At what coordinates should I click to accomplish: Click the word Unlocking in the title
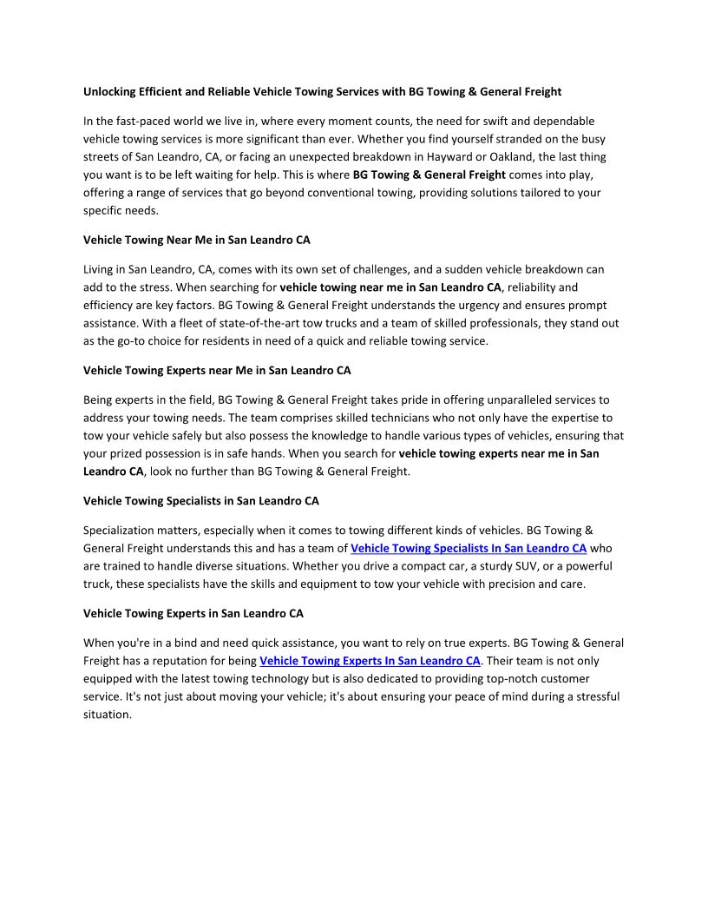click(x=111, y=92)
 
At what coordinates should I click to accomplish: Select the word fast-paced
click(x=135, y=121)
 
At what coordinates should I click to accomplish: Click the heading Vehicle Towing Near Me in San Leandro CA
click(x=196, y=240)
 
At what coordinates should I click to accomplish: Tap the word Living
click(x=99, y=269)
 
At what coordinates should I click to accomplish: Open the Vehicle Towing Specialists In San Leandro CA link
click(x=469, y=548)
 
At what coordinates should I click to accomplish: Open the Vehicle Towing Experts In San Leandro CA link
click(x=370, y=661)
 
